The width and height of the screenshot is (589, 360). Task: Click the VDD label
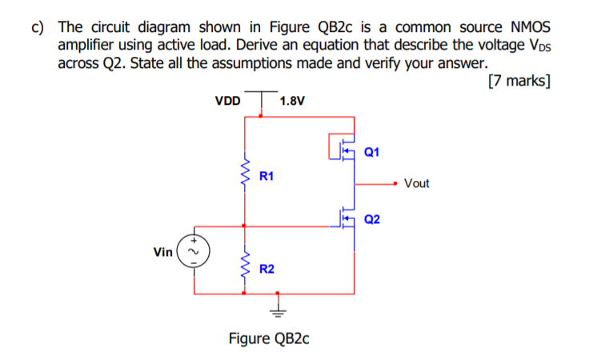[227, 102]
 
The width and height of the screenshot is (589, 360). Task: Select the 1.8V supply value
[292, 102]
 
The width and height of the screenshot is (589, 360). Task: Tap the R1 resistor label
[267, 175]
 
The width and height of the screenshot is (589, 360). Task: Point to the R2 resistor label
[267, 269]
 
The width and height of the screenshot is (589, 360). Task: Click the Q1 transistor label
[372, 151]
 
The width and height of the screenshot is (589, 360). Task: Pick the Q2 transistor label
[372, 219]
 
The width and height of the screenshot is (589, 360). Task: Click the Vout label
[416, 183]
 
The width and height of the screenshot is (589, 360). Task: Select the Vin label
[162, 252]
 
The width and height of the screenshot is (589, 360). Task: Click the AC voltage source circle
[192, 252]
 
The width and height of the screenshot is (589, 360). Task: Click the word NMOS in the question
[521, 26]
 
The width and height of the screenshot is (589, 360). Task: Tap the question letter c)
[37, 26]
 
